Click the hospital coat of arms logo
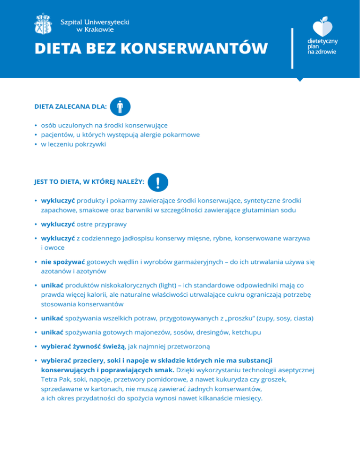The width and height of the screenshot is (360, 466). pyautogui.click(x=45, y=24)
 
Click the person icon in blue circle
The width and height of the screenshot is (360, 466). pyautogui.click(x=120, y=106)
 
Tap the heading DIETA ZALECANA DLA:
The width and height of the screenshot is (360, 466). pyautogui.click(x=70, y=107)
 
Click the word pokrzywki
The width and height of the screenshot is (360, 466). pyautogui.click(x=91, y=144)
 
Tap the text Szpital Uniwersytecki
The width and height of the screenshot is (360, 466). pyautogui.click(x=96, y=22)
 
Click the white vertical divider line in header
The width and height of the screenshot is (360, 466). pyautogui.click(x=292, y=48)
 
